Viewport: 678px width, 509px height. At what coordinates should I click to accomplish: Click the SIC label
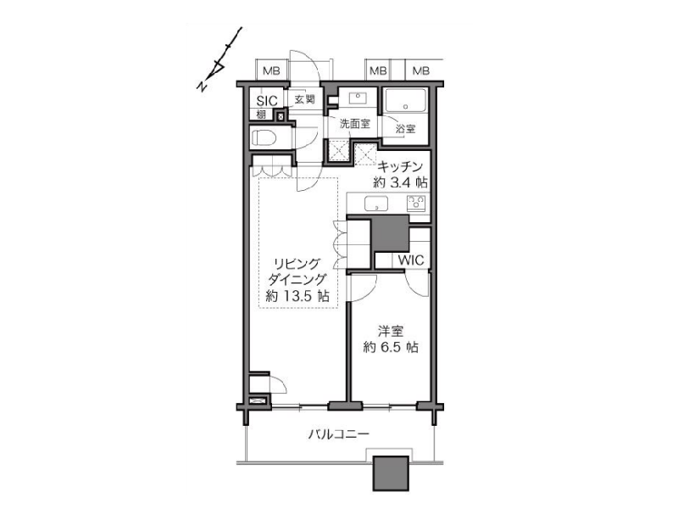267,100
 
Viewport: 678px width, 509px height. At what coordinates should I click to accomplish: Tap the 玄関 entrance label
304,99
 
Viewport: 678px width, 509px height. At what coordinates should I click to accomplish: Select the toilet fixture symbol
264,138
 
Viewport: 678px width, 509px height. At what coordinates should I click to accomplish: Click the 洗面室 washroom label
355,124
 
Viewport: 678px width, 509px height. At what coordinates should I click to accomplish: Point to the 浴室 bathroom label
405,128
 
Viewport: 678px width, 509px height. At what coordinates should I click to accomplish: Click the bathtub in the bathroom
406,101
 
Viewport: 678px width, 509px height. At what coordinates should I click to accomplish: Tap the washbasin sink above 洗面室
358,98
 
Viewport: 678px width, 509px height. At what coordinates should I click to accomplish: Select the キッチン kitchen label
399,166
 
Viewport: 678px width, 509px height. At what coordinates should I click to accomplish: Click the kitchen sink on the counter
375,203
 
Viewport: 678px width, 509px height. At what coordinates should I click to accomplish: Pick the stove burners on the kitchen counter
416,203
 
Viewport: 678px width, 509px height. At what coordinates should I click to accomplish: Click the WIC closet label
411,260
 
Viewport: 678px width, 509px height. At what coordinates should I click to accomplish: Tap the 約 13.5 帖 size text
297,296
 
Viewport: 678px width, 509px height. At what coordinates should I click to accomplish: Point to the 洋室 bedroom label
391,332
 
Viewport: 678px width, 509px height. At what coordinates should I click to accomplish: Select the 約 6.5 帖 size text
391,347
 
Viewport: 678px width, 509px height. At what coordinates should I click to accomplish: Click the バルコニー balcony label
338,434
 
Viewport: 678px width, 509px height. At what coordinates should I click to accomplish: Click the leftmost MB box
271,70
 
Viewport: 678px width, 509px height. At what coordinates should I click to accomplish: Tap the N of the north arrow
202,86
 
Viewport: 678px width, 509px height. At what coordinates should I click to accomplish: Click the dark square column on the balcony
391,473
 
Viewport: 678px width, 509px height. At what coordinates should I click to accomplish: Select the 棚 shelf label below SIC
261,115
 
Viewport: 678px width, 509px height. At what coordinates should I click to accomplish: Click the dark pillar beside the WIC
391,232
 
